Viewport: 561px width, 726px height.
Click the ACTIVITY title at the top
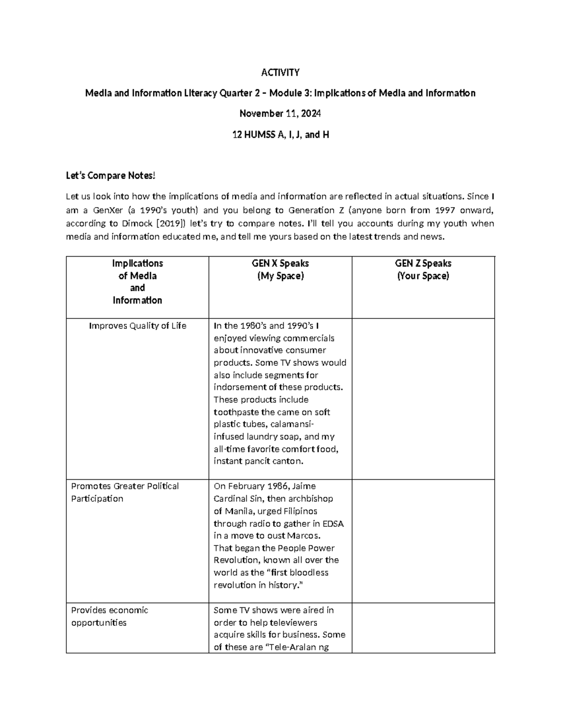point(280,72)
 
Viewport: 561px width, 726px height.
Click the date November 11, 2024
point(280,114)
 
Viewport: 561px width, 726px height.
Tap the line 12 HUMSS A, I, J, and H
point(280,135)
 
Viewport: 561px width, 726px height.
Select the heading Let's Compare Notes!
point(110,176)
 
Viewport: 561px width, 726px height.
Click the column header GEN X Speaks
point(280,263)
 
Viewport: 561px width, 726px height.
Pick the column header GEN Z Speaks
point(423,263)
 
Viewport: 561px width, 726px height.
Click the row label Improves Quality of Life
point(137,326)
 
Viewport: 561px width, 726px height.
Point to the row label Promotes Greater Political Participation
point(125,492)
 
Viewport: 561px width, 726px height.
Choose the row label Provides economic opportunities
point(109,616)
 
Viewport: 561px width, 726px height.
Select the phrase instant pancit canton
point(259,461)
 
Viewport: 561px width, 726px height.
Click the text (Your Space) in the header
point(423,276)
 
